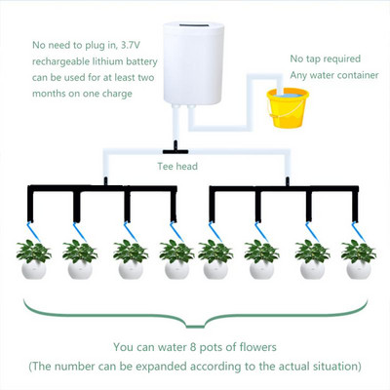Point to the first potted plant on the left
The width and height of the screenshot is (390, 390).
pyautogui.click(x=33, y=259)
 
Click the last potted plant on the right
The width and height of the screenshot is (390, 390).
pyautogui.click(x=358, y=259)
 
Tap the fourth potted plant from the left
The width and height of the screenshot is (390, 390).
pyautogui.click(x=176, y=259)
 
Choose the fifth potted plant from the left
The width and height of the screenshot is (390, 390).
pyautogui.click(x=214, y=259)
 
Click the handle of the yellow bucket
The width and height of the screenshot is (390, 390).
pyautogui.click(x=288, y=93)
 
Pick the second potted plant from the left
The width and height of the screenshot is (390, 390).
pyautogui.click(x=79, y=259)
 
